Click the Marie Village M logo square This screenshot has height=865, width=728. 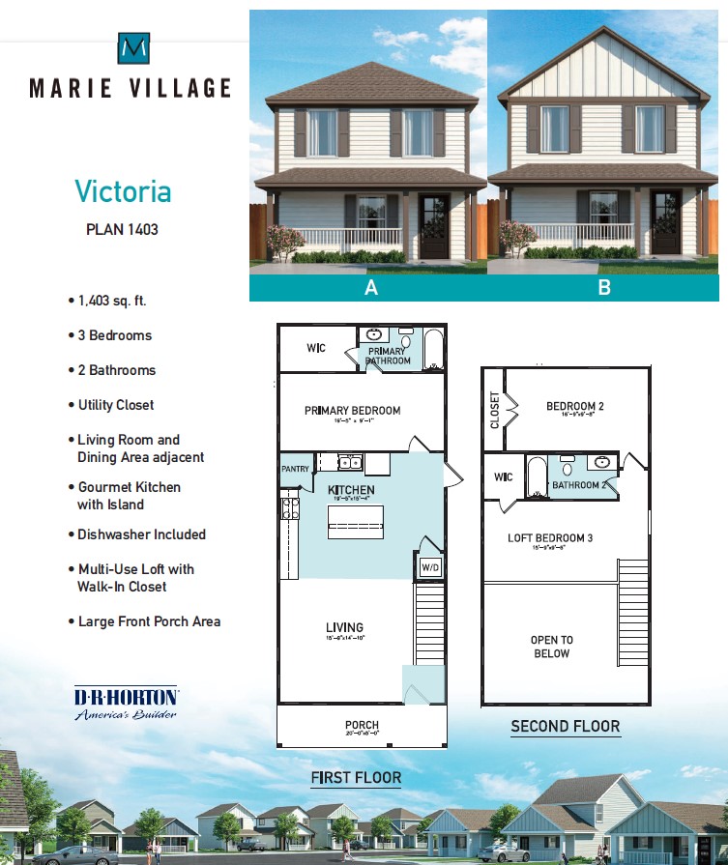133,47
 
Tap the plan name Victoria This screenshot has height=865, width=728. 123,191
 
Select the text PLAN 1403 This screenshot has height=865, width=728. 122,230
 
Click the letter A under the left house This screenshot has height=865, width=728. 370,288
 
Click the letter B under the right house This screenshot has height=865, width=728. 604,288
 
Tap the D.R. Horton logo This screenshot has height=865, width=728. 126,703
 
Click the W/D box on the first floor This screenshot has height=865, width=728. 430,567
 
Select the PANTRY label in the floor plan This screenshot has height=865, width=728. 296,469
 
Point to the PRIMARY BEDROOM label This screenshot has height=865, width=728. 352,411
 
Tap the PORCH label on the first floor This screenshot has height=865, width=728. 362,725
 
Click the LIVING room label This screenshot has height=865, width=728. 344,628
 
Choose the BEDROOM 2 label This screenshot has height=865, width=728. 574,406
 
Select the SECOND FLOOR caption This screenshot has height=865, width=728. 566,726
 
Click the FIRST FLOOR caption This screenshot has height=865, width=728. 356,777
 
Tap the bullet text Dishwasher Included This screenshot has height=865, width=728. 141,534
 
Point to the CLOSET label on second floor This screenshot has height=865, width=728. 495,410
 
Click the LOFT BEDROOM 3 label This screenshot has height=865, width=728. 550,538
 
